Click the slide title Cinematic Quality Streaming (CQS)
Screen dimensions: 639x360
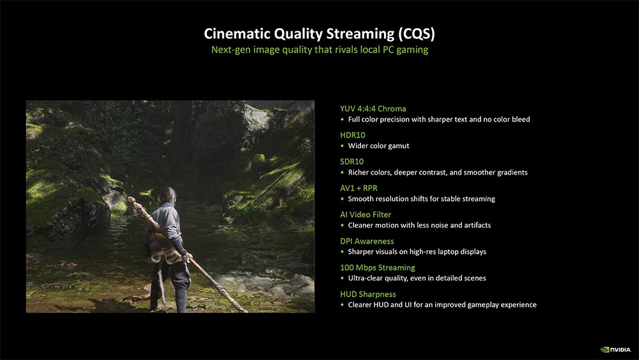tap(319, 33)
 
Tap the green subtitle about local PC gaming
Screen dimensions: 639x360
tap(319, 50)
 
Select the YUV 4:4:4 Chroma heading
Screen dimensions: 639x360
tap(373, 109)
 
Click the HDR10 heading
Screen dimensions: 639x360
tap(353, 135)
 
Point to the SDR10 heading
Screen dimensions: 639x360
tap(351, 161)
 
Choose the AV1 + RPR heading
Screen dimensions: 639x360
tap(358, 188)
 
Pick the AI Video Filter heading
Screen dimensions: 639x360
tap(366, 214)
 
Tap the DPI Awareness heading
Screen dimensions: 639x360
tap(367, 241)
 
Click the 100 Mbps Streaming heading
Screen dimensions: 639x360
tap(378, 267)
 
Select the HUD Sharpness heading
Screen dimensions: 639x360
tap(367, 294)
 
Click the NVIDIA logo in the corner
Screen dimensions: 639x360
tap(615, 349)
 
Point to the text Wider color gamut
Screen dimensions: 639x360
tap(378, 146)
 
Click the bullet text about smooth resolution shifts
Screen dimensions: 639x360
tap(421, 199)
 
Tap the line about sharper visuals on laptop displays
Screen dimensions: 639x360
tap(417, 252)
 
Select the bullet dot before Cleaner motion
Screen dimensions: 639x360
tap(342, 226)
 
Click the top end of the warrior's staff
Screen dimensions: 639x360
tap(130, 200)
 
